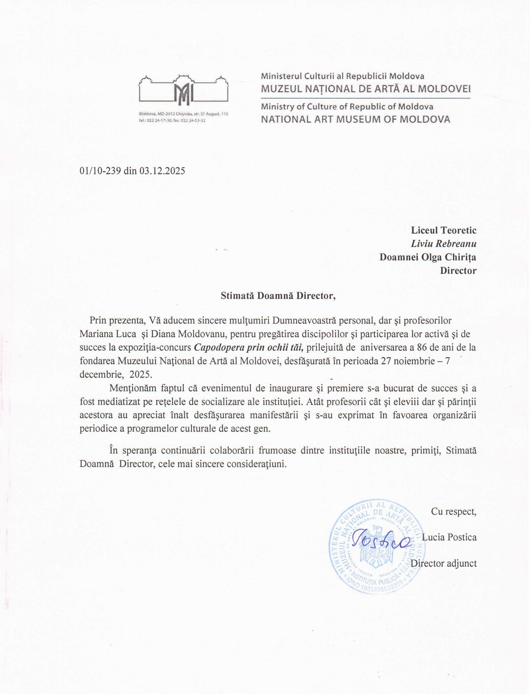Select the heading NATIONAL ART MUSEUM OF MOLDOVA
(x=356, y=119)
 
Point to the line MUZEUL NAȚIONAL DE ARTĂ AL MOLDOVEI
(x=366, y=89)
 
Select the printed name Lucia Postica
(x=449, y=537)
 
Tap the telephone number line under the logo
(x=172, y=120)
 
